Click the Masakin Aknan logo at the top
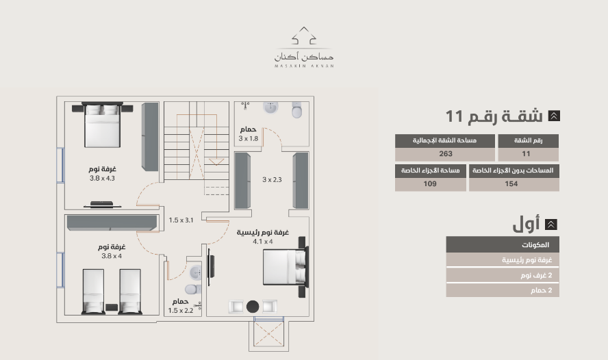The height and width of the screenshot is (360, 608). (304, 47)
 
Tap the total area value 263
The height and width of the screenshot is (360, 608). (446, 154)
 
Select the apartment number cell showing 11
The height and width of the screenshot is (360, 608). (527, 154)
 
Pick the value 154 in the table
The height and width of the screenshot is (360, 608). (511, 184)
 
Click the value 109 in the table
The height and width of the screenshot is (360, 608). (430, 184)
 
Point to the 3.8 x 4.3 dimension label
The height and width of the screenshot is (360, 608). (102, 178)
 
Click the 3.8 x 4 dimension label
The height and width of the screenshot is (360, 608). (112, 256)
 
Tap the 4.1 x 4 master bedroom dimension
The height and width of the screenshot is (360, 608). (262, 242)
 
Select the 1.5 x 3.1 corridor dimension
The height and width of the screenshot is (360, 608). (181, 220)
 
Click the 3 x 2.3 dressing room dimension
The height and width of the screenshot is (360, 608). (272, 179)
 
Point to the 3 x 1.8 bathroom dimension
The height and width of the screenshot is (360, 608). (248, 138)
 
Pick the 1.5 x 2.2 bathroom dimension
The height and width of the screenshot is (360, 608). (181, 311)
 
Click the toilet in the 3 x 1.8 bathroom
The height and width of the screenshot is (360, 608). (296, 110)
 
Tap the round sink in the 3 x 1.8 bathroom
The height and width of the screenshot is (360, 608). (270, 107)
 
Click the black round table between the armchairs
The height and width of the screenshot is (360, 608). (253, 307)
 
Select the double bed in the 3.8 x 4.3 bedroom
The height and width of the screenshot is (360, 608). (101, 125)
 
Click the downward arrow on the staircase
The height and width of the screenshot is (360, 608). (216, 162)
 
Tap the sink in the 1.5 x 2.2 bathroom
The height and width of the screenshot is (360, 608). (195, 272)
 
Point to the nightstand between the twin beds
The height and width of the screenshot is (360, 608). (112, 307)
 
